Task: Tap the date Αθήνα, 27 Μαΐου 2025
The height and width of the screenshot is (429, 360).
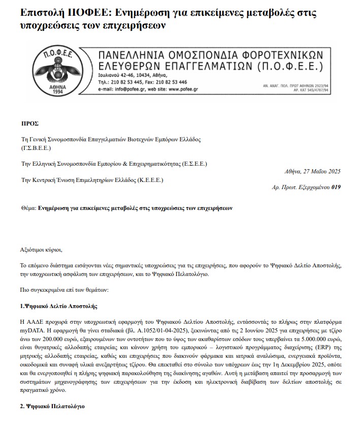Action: point(313,171)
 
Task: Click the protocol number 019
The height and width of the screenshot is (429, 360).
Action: point(336,187)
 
